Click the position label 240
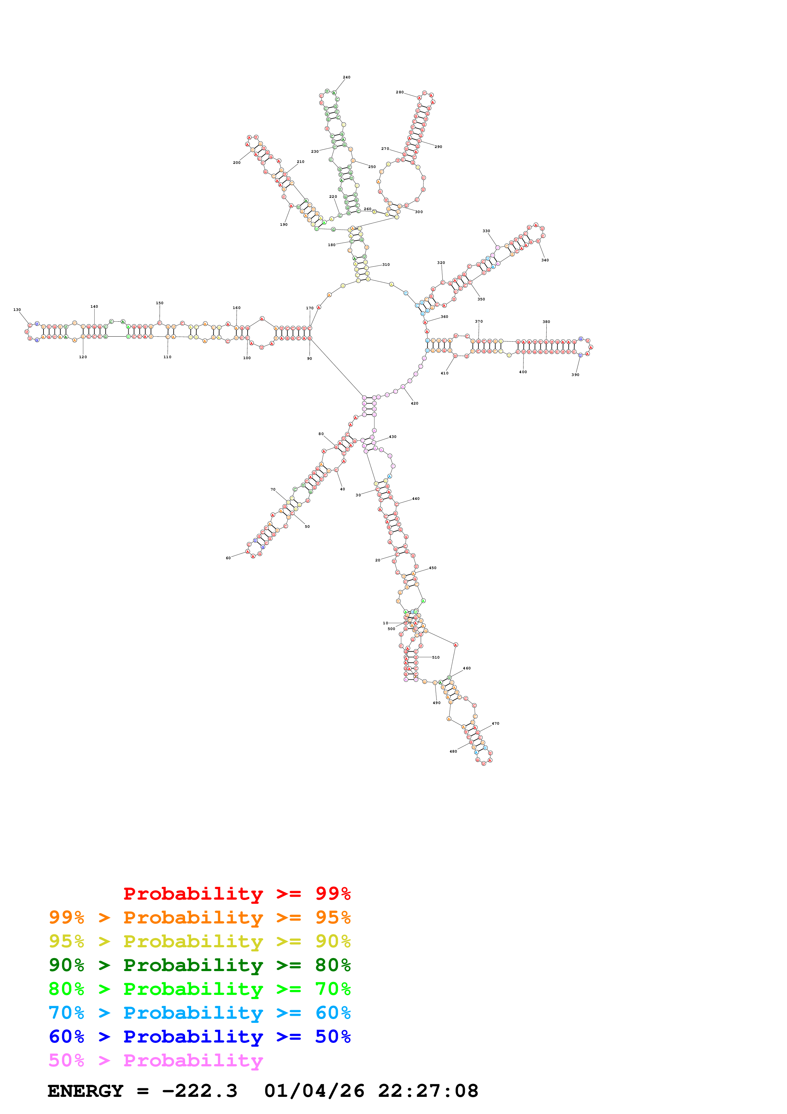point(346,77)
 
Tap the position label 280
point(400,92)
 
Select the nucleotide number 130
point(17,310)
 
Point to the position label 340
point(545,260)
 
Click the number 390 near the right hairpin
point(575,375)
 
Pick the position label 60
point(228,558)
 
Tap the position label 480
point(453,752)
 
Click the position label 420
point(415,403)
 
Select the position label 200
point(237,163)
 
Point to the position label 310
point(386,265)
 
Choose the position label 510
point(436,657)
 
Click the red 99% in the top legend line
point(333,893)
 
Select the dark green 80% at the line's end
point(333,965)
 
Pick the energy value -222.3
point(199,1091)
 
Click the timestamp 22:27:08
point(428,1091)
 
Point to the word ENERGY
point(85,1091)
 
